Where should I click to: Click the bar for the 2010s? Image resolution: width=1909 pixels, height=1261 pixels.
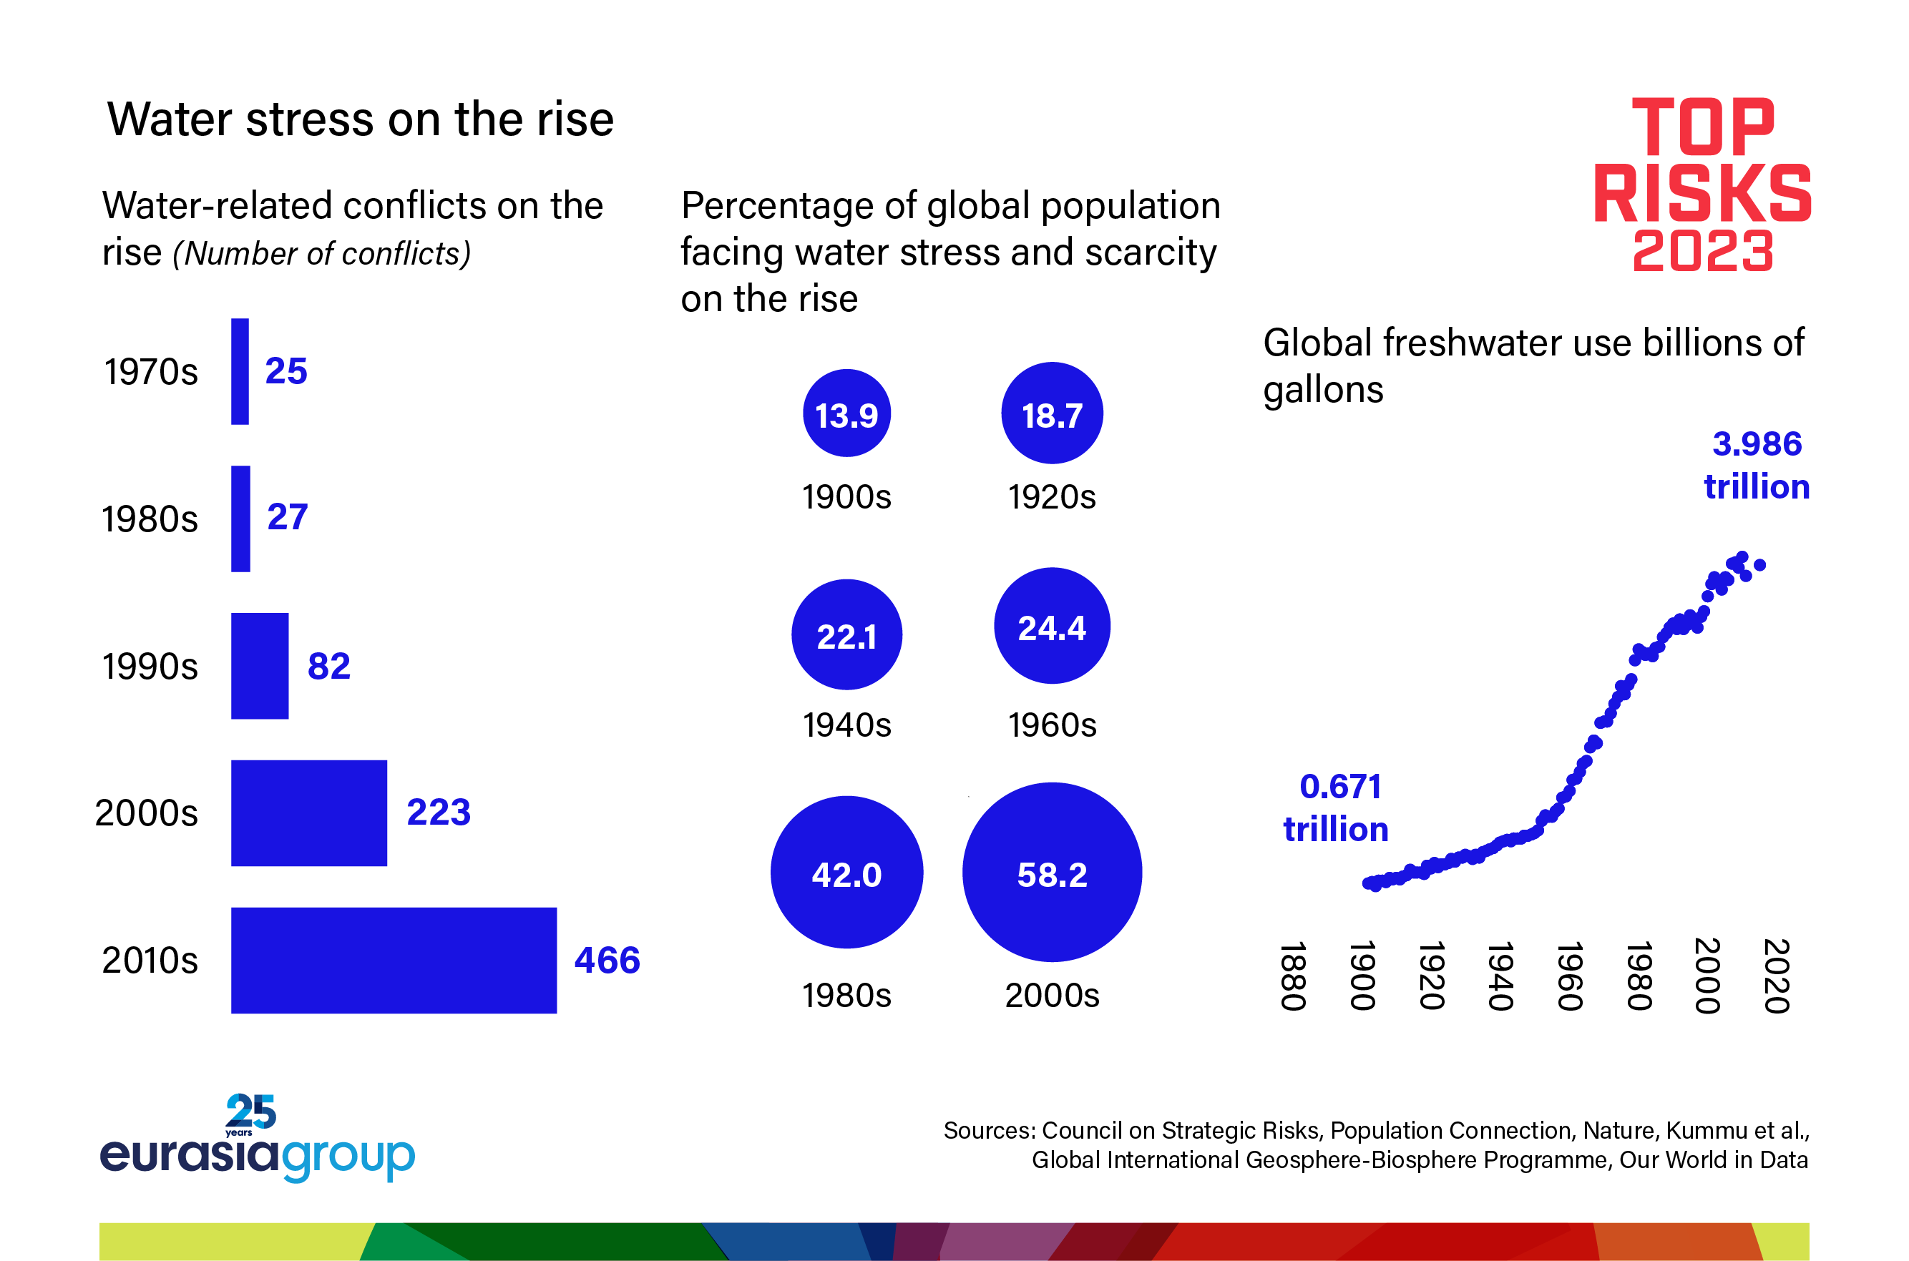[x=394, y=960]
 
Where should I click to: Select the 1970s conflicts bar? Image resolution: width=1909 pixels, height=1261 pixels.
[x=240, y=371]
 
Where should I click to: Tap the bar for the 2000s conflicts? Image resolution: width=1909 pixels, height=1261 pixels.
[x=309, y=813]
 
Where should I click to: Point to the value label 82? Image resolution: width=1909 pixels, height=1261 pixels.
[x=329, y=666]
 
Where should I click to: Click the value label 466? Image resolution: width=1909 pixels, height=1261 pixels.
[x=607, y=960]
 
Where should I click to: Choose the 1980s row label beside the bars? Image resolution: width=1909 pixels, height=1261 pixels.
[x=150, y=519]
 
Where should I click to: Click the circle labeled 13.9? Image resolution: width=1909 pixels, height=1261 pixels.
[x=846, y=413]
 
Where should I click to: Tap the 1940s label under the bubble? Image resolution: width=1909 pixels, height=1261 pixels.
[x=847, y=725]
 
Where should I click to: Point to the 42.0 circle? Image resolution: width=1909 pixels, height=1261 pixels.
[x=846, y=873]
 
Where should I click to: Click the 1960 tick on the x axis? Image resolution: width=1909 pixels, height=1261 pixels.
[x=1570, y=976]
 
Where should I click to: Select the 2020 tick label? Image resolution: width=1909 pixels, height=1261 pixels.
[x=1775, y=976]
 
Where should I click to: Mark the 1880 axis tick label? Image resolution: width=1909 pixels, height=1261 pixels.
[x=1292, y=976]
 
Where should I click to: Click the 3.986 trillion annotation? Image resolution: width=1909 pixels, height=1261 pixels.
[x=1757, y=466]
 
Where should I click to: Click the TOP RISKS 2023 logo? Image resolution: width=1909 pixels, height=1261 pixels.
[x=1702, y=185]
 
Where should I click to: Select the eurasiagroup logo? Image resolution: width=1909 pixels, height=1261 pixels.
[x=258, y=1140]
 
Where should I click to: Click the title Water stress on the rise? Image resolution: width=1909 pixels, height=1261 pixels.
[x=361, y=120]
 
